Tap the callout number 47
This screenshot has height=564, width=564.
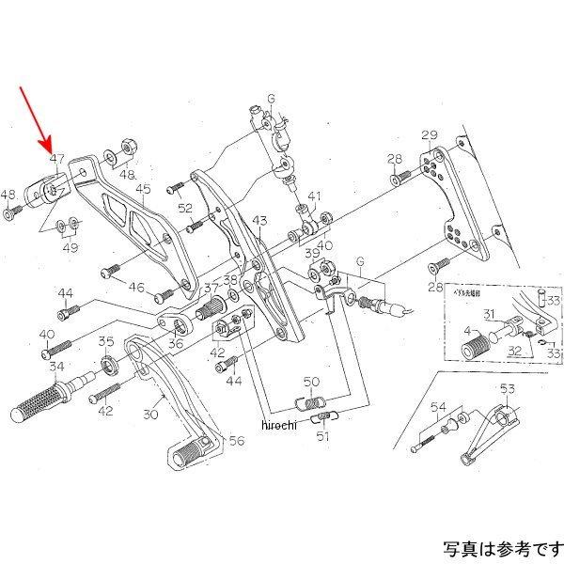pyautogui.click(x=56, y=160)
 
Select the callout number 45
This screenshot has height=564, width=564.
pyautogui.click(x=142, y=189)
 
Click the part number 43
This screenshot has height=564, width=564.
pyautogui.click(x=259, y=220)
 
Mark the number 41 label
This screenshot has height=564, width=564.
pyautogui.click(x=314, y=197)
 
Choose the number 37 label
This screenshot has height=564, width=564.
pyautogui.click(x=211, y=290)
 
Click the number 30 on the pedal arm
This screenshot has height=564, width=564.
pyautogui.click(x=152, y=412)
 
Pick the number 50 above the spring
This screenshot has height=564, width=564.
pyautogui.click(x=312, y=382)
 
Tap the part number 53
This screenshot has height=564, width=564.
pyautogui.click(x=508, y=388)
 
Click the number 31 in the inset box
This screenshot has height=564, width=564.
pyautogui.click(x=489, y=313)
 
